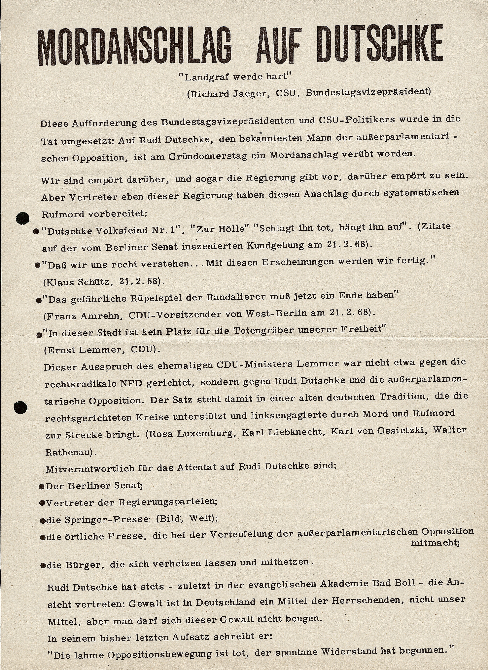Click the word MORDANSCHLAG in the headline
[134, 47]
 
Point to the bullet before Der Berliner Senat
[42, 486]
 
